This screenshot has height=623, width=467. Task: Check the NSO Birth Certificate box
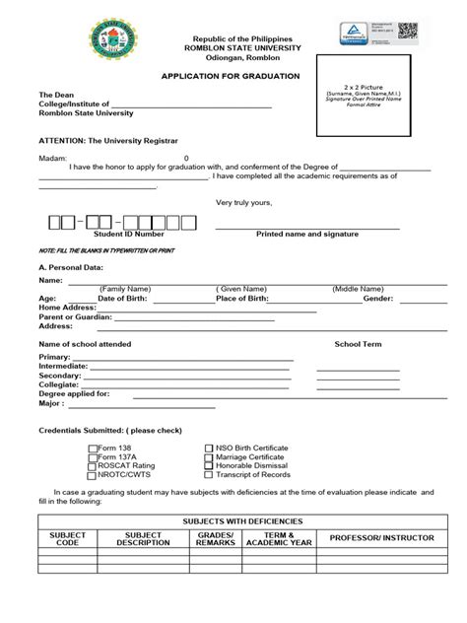[209, 448]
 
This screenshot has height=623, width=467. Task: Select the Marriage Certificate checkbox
[209, 457]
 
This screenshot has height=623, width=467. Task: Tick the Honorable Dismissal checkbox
[209, 467]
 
